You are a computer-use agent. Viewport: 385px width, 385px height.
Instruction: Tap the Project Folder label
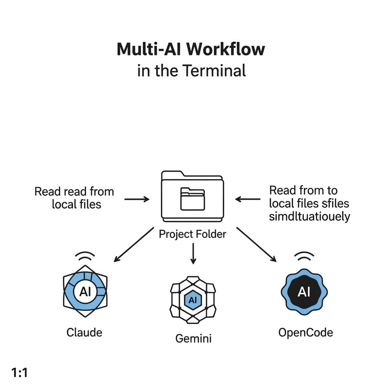coord(192,234)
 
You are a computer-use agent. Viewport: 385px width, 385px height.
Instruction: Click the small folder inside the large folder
coord(192,199)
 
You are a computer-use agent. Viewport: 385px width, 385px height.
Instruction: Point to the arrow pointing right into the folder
coord(136,199)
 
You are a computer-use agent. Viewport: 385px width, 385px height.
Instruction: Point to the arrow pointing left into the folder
coord(248,199)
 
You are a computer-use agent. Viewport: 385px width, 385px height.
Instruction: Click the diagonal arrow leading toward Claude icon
coord(133,244)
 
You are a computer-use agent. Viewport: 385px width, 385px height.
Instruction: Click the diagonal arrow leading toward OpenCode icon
coord(256,244)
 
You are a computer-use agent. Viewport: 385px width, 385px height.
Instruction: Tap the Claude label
coord(84,332)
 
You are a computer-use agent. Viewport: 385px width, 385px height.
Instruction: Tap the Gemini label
coord(193,338)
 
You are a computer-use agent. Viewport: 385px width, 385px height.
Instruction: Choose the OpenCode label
coord(305,332)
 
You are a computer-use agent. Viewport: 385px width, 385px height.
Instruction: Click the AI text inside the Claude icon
coord(85,292)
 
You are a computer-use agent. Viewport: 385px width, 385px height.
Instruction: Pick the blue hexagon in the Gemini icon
coord(192,300)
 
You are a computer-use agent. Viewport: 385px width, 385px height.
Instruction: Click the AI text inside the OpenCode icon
coord(304,292)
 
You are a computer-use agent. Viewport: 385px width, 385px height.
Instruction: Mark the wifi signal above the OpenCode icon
coord(304,257)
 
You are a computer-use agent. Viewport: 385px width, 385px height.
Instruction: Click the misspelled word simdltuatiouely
coord(309,217)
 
